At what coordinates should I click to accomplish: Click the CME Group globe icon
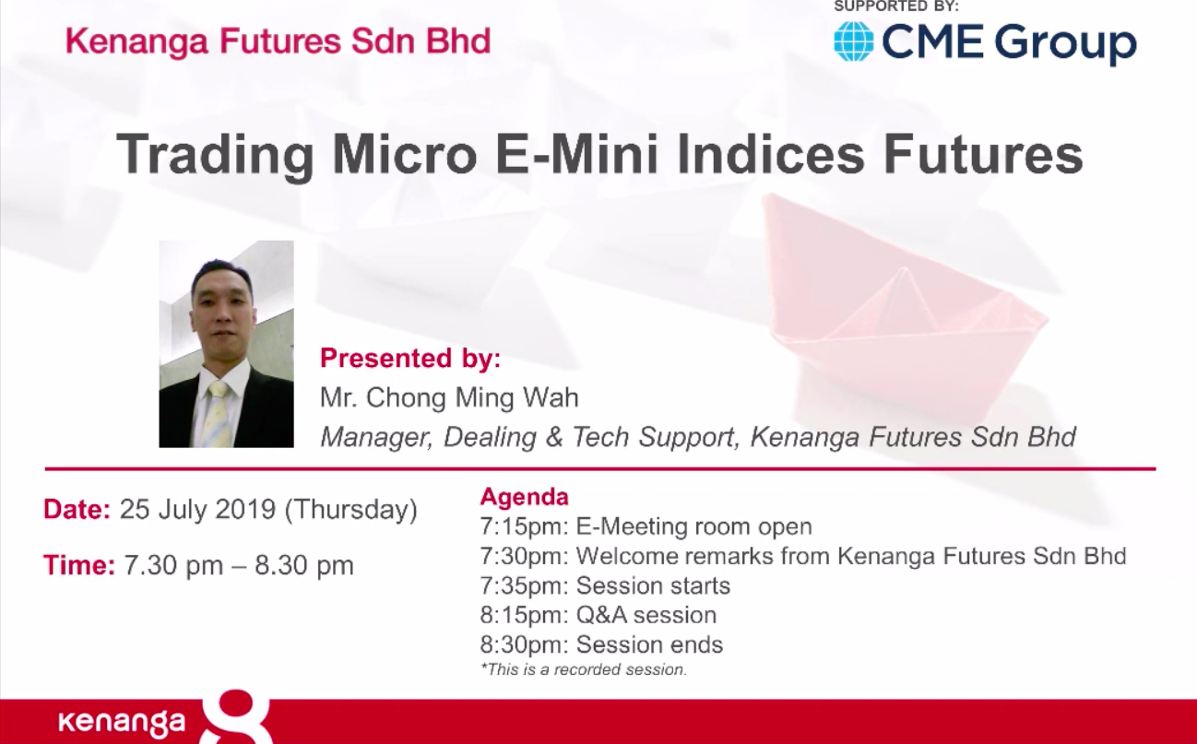coord(853,41)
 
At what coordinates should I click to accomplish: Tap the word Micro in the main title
coord(405,154)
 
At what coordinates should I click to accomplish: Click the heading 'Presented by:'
coord(410,358)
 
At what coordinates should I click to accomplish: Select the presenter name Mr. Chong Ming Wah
coord(449,397)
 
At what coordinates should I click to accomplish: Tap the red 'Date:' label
coord(77,509)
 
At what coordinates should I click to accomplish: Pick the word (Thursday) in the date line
coord(351,510)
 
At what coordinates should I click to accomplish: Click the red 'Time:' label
coord(79,565)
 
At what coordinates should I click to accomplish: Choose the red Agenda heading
coord(524,497)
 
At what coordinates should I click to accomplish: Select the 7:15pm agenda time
coord(524,527)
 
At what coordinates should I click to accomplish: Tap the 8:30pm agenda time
coord(524,644)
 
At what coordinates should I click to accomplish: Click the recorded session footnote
coord(584,669)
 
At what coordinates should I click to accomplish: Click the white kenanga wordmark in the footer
coord(122,722)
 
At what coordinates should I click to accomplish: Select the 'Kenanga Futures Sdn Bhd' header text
coord(278,41)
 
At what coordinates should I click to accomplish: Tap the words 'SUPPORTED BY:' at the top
coord(896,6)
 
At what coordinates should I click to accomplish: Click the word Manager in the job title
coord(375,437)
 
